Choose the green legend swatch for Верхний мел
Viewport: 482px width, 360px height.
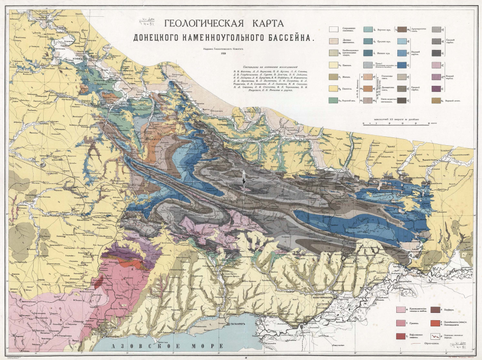333,100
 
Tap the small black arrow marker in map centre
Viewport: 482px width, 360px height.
245,181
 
